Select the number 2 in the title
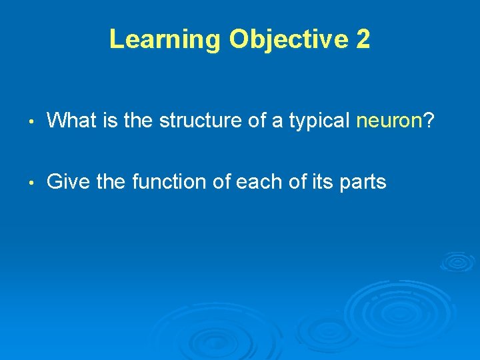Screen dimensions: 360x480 [363, 39]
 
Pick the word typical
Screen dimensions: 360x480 [319, 121]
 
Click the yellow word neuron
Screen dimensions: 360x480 [390, 121]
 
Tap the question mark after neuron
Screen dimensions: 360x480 [429, 121]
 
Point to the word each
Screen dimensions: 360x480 [253, 181]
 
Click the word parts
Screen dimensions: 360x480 [363, 181]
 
